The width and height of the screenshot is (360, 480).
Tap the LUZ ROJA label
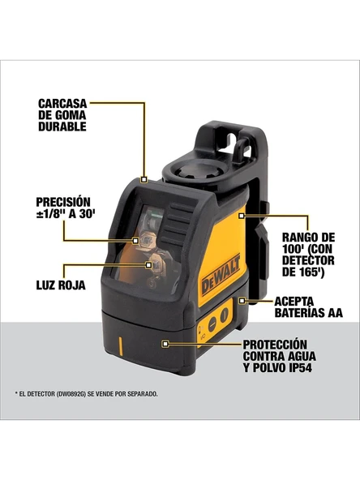pos(62,285)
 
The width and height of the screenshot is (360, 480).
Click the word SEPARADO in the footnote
pos(138,394)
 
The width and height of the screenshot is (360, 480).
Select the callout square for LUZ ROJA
pos(148,264)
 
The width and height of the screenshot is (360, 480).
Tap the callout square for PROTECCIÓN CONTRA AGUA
pos(165,344)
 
